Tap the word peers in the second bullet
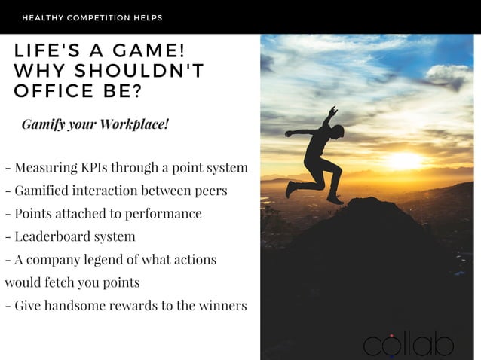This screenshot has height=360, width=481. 210,191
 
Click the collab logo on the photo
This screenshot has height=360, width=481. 409,343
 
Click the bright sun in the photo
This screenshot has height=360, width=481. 406,160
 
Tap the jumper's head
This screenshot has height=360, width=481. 339,130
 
